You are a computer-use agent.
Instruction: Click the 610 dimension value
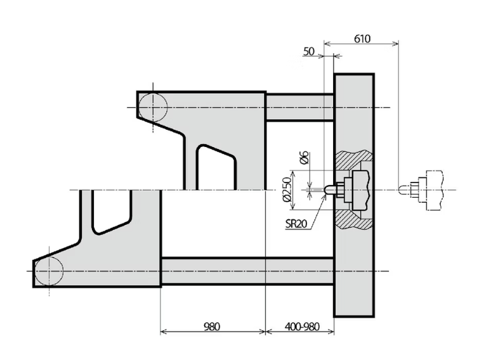[x=362, y=39]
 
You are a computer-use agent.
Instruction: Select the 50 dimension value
[x=309, y=51]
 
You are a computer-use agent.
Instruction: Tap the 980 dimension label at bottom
[x=212, y=326]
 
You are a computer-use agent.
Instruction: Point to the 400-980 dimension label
[x=302, y=326]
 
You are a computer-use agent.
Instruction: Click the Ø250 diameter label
[x=287, y=190]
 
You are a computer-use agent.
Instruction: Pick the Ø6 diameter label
[x=304, y=158]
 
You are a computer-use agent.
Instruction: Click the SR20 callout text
[x=296, y=224]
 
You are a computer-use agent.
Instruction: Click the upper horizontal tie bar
[x=299, y=107]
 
